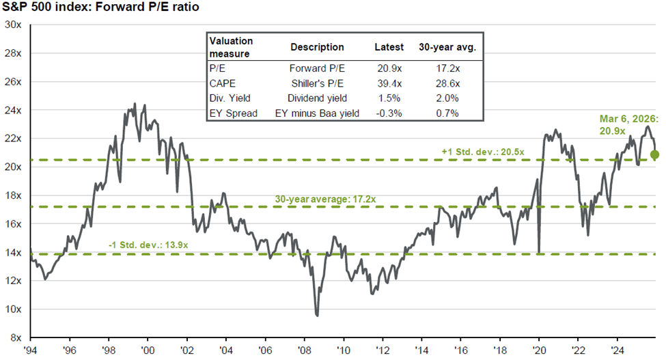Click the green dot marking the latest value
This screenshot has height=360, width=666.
[x=655, y=155]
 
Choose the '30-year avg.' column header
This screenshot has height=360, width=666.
[x=447, y=48]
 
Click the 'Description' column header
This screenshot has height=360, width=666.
[x=317, y=48]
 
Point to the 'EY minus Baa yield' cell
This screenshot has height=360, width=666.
[x=317, y=113]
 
